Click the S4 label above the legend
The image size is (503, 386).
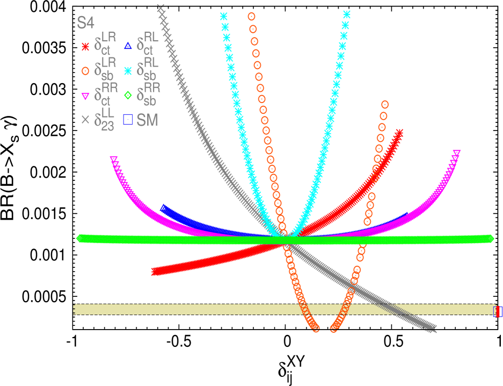86,23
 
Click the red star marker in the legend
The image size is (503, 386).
85,47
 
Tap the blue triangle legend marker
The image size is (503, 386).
128,46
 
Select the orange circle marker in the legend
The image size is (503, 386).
85,70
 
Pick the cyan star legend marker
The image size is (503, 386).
128,70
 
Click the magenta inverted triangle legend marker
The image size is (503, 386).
85,97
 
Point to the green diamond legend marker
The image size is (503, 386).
128,96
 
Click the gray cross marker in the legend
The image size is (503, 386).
85,120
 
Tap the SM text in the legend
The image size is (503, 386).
148,120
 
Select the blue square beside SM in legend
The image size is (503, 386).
128,119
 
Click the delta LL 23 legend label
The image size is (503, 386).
105,119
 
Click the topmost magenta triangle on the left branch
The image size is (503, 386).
114,159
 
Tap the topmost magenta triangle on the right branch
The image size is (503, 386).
457,154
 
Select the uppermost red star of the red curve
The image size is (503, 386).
399,132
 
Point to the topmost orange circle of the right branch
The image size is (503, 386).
385,104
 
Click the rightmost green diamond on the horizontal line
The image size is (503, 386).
490,238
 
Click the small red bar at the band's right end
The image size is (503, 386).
499,311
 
